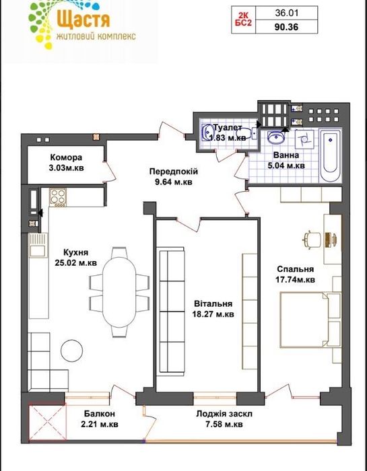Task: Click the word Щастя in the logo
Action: coord(83,20)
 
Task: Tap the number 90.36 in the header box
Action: coord(286,27)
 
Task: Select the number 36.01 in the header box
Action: coord(286,13)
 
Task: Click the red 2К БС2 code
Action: coord(243,20)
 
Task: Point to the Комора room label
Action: coord(66,157)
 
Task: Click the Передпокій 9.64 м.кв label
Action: coord(174,177)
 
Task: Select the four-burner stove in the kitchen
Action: coord(58,197)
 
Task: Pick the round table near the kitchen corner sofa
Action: coord(71,350)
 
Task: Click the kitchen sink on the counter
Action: coord(38,246)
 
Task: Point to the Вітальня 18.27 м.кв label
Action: coord(213,310)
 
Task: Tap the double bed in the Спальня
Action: coord(310,320)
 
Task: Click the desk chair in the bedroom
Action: coord(311,240)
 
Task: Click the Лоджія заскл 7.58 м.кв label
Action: coord(224,419)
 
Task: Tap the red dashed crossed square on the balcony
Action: coord(48,423)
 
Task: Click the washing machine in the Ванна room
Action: coord(304,139)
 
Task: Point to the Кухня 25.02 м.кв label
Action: coord(75,258)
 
